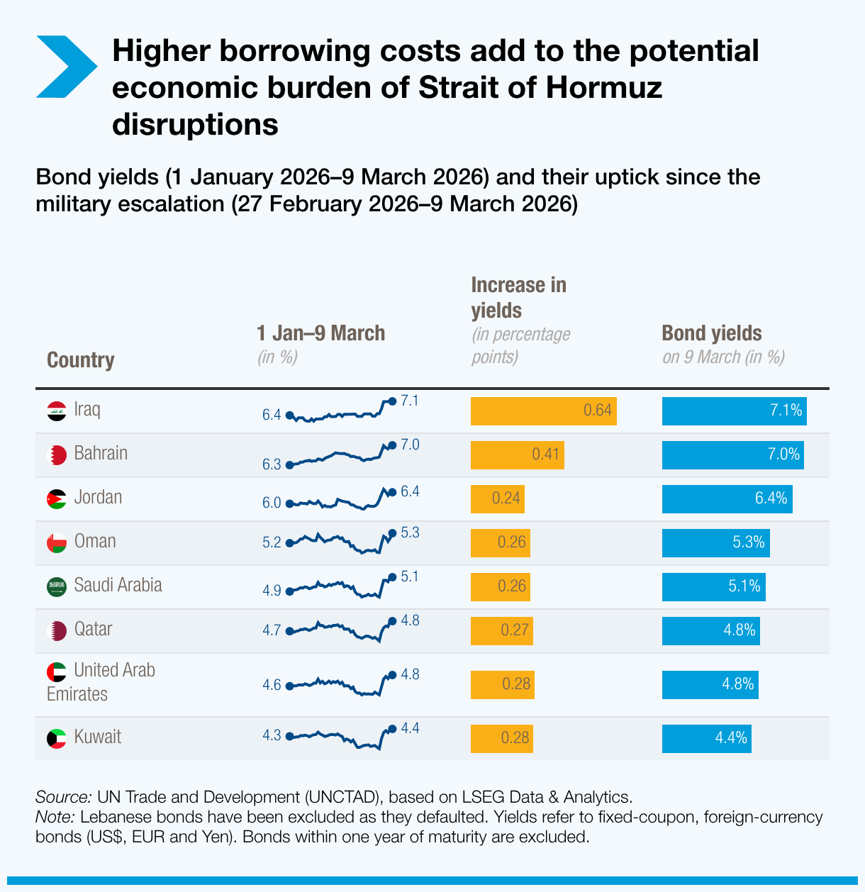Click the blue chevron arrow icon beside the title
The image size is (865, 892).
65,67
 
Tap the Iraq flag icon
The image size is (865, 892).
57,411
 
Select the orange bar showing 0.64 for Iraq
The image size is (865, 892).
543,411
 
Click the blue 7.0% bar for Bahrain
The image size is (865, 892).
733,455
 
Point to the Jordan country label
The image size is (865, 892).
98,497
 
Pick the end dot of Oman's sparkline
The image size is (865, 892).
392,533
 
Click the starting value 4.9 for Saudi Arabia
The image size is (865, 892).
272,591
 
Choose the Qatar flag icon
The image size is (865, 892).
57,630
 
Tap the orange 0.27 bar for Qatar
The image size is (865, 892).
501,630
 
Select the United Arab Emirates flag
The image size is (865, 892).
57,671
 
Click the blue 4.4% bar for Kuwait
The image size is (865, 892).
706,738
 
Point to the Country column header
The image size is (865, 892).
80,360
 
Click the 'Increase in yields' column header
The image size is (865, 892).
518,298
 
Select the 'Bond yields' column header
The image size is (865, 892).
711,333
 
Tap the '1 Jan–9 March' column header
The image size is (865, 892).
320,333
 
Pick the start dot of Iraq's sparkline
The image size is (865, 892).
289,416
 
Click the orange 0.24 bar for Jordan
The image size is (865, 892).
497,498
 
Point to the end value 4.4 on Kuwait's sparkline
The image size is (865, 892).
410,728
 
